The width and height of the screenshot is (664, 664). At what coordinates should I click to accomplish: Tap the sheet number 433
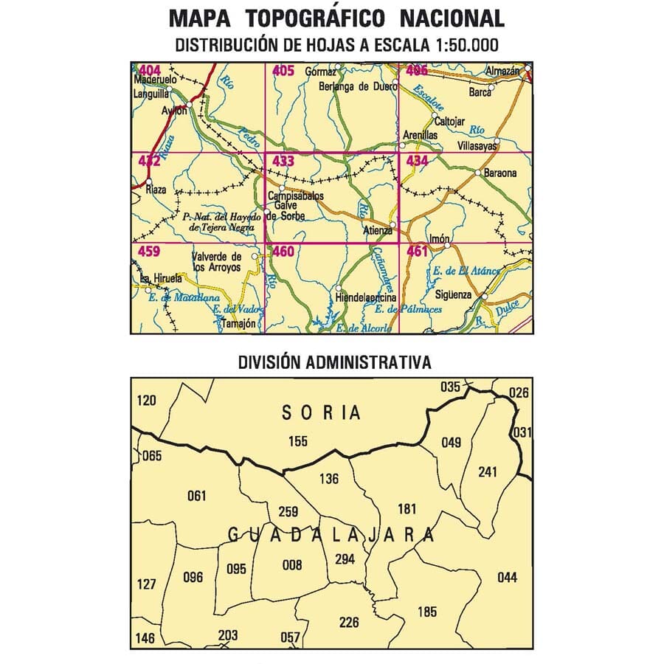tap(283, 161)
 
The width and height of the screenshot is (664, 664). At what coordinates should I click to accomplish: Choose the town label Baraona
tap(502, 174)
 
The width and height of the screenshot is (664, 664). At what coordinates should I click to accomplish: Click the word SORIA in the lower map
tap(322, 413)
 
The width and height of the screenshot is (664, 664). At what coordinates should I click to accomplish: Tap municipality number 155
tap(298, 442)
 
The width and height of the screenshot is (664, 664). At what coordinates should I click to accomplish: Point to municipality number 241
tap(488, 471)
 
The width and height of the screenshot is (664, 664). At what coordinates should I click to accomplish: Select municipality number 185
tap(426, 611)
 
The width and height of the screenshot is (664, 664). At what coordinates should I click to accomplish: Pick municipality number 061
tap(197, 496)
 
